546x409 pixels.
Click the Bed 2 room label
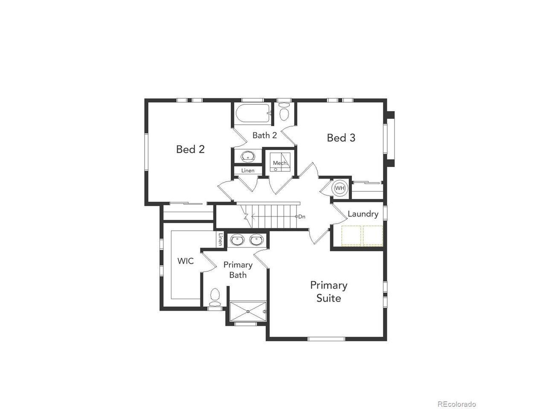(x=190, y=149)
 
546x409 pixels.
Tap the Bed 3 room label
(x=341, y=138)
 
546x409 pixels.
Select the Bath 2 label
(x=264, y=135)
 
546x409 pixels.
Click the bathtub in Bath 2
(x=253, y=113)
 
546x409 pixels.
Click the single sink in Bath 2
(x=248, y=156)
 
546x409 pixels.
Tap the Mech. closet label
(x=280, y=163)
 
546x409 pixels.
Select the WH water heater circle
(x=340, y=188)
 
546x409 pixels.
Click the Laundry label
(x=363, y=214)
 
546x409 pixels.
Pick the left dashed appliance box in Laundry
(x=351, y=236)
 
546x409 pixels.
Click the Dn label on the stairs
(x=302, y=216)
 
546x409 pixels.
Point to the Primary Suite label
(x=328, y=291)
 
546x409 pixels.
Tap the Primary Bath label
(x=238, y=270)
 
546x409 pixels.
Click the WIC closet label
(x=185, y=261)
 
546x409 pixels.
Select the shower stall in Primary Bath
(x=248, y=311)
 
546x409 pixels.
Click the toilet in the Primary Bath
(x=215, y=297)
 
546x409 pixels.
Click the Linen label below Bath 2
(x=248, y=170)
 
